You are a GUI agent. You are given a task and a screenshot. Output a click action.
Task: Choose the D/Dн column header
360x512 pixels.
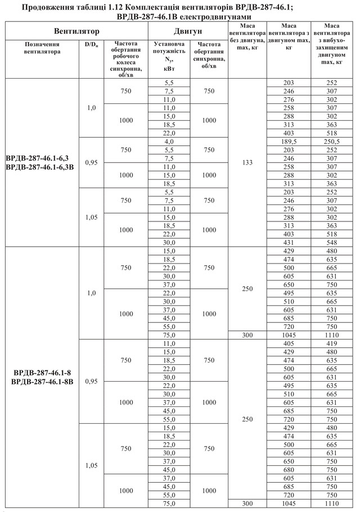[x=91, y=43]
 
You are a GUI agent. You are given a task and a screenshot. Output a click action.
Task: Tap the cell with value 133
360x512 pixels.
[x=247, y=163]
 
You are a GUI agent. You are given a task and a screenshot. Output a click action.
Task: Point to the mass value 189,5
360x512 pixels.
[x=289, y=143]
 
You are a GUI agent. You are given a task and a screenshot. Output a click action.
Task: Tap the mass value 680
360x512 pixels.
[x=289, y=470]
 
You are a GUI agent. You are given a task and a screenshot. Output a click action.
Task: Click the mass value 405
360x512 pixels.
[x=289, y=343]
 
